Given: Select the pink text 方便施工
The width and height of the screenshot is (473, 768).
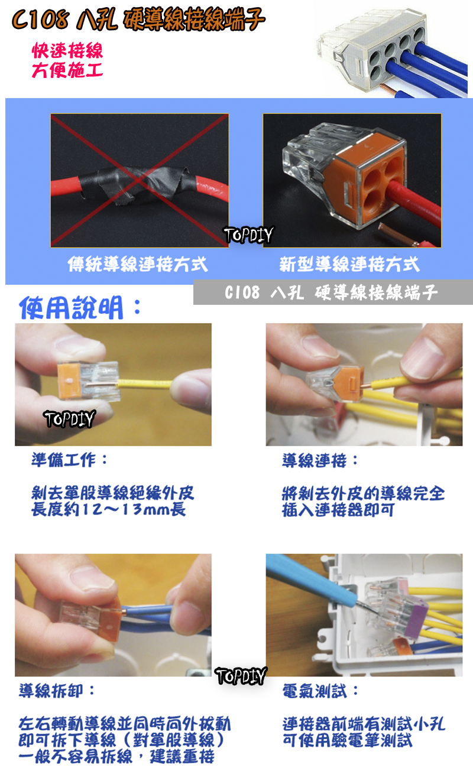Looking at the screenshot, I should point(67,71).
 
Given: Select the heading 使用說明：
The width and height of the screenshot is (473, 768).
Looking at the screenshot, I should point(80,308).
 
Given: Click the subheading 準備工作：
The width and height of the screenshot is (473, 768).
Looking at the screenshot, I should point(70,460).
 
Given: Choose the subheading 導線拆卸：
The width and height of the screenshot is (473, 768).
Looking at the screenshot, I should point(57,690).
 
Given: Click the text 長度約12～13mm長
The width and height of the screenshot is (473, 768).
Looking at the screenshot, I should point(109,509).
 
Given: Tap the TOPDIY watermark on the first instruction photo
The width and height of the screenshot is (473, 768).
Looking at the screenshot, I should point(69,419).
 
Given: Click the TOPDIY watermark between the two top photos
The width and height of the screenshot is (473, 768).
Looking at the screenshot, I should point(248,235).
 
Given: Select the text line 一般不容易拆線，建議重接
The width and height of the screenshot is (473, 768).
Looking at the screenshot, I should point(116,757).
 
